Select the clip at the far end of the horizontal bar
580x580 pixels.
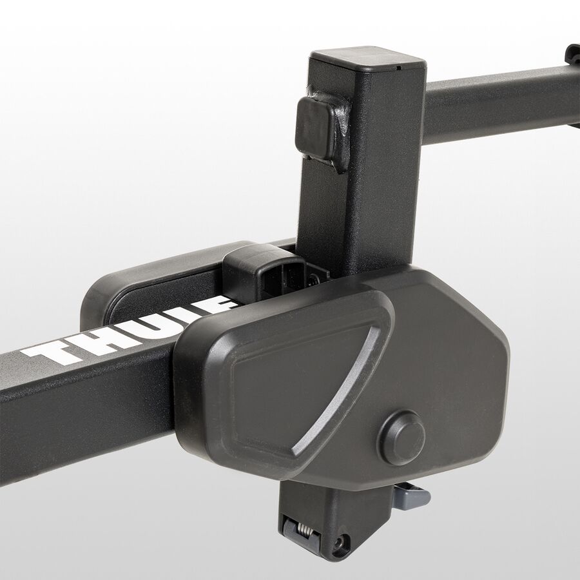click(572, 55)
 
